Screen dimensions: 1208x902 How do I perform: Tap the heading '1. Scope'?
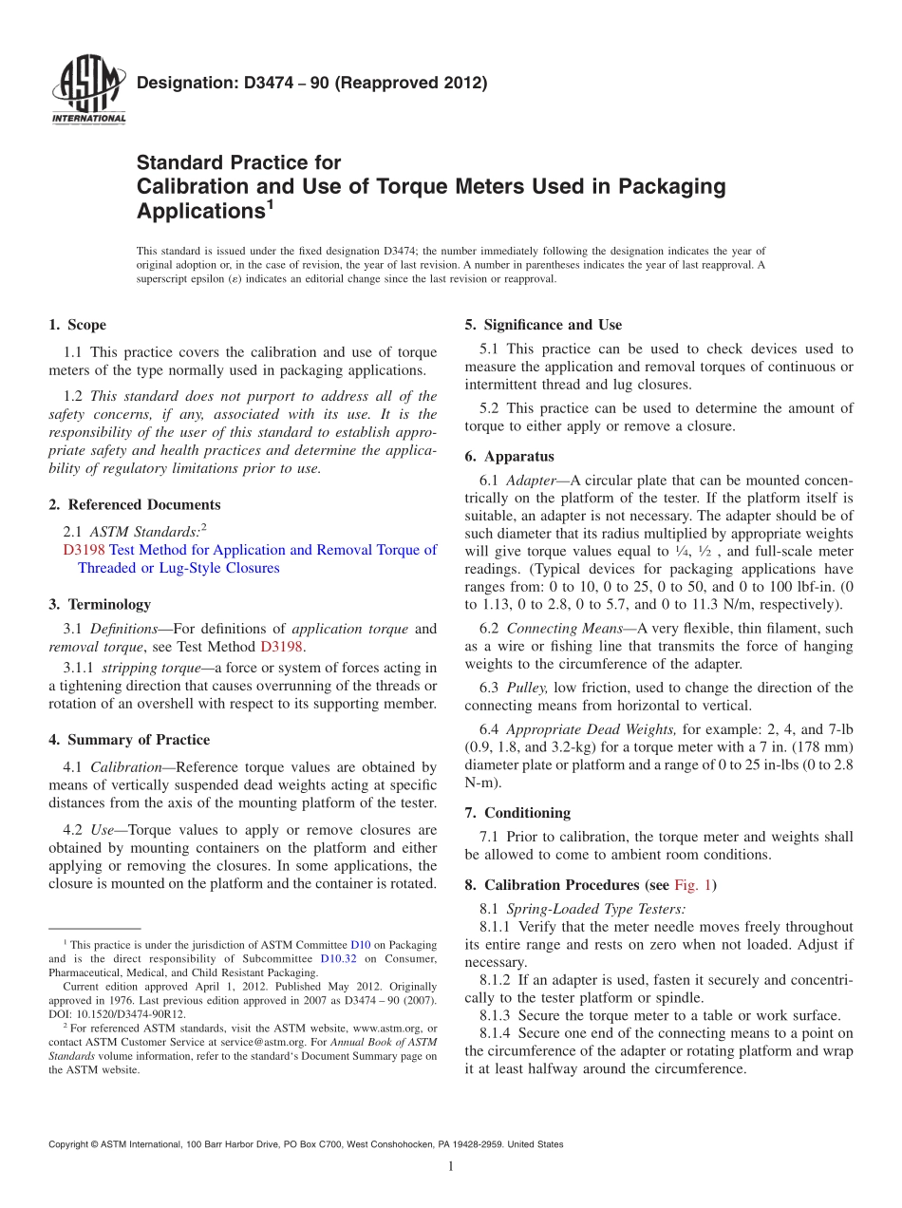[77, 325]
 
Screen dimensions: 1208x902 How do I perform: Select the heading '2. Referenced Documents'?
[134, 504]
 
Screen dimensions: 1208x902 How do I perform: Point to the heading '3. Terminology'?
[99, 604]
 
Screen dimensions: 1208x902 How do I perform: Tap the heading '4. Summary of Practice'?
[129, 740]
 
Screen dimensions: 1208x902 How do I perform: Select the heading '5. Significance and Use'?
[543, 325]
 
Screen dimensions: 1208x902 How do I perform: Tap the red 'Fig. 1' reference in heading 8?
[692, 885]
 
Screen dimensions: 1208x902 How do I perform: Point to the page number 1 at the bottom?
[451, 1166]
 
